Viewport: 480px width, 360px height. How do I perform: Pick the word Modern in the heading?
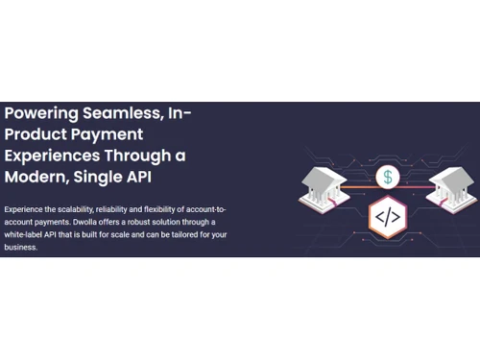point(37,179)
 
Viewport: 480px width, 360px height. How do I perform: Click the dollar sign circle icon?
point(388,177)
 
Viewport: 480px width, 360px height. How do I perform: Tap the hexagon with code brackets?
point(388,216)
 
